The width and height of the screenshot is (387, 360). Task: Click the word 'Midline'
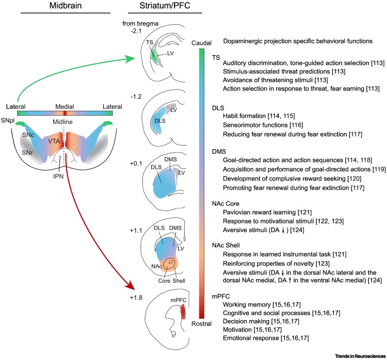click(65, 122)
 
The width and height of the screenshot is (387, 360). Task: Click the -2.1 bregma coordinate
click(136, 31)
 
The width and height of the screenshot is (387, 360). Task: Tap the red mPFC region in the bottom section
click(183, 313)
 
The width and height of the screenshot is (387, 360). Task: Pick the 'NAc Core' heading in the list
click(229, 203)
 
